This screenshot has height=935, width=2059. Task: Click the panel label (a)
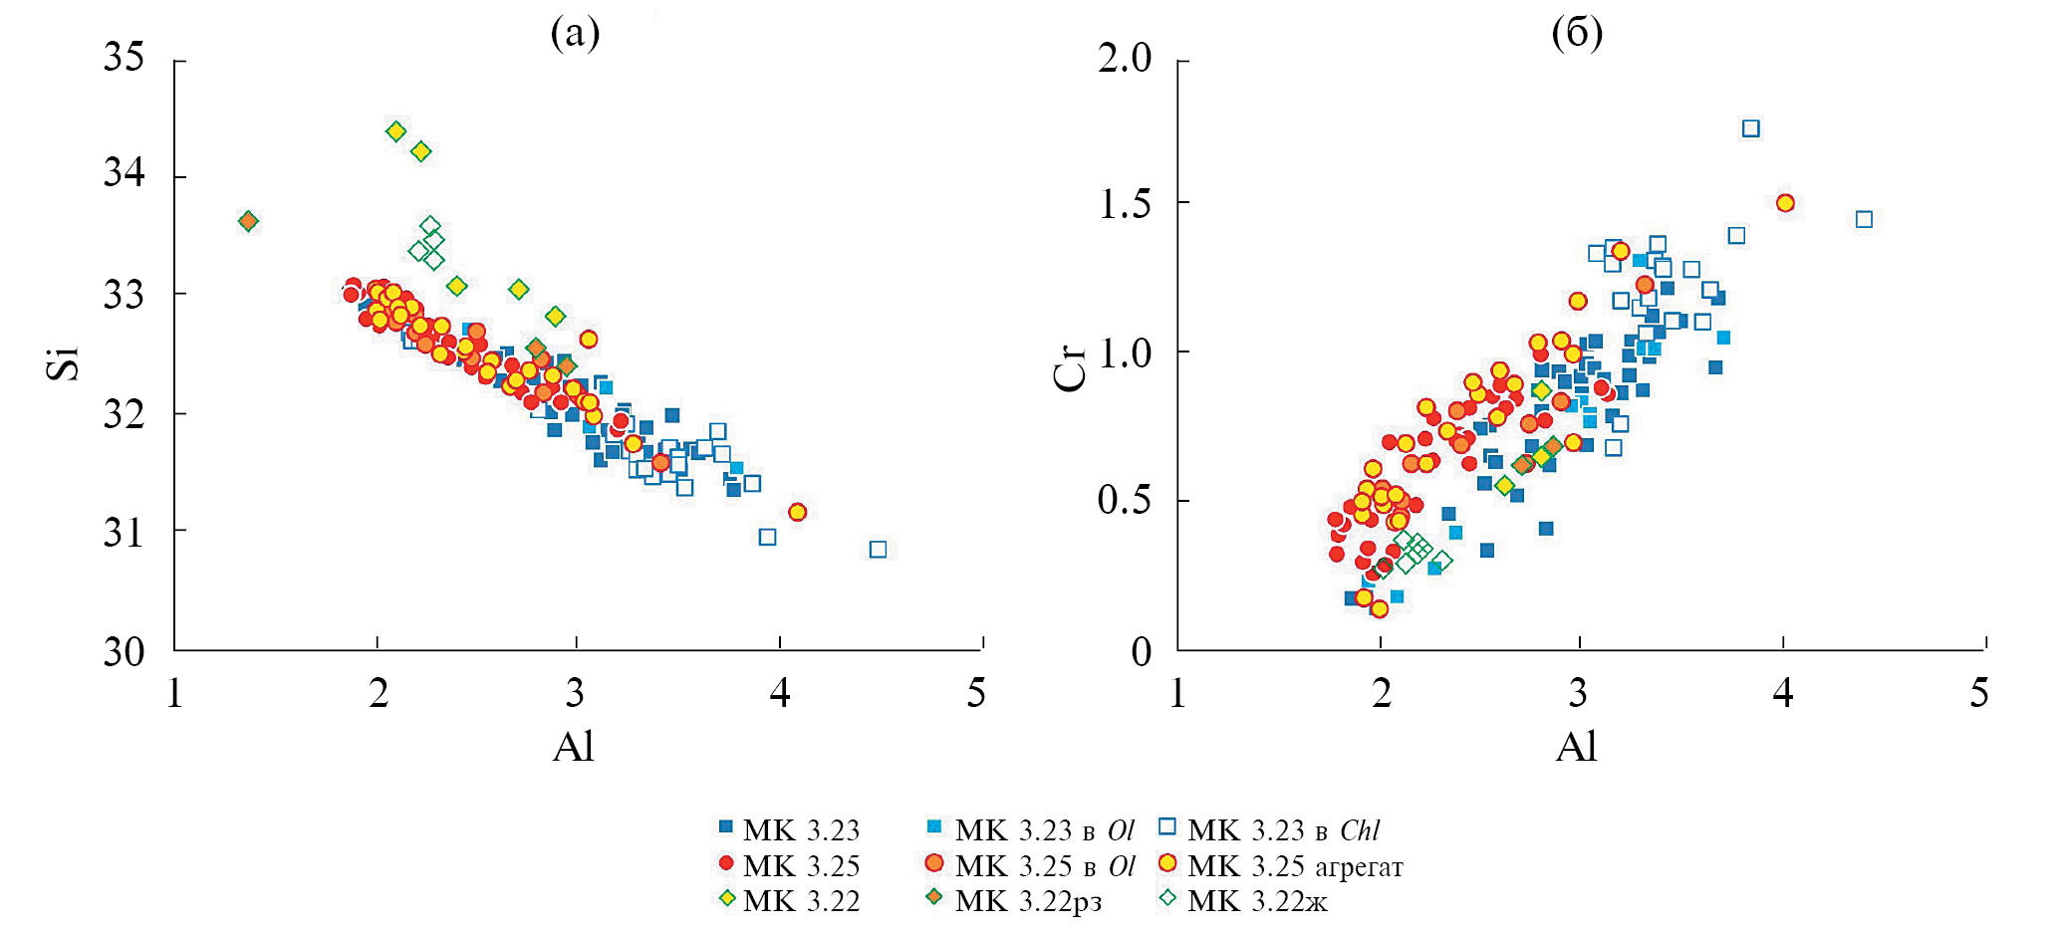[x=575, y=33]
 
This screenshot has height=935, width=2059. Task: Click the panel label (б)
[x=1577, y=33]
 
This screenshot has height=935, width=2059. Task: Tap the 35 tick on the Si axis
[x=125, y=58]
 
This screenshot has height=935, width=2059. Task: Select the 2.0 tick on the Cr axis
[x=1125, y=58]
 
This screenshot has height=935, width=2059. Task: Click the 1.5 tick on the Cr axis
[x=1125, y=204]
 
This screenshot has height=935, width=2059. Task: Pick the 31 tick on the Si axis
[x=125, y=533]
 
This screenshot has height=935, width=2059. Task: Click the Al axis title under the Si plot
[x=574, y=746]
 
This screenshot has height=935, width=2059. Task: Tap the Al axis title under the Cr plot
[x=1576, y=746]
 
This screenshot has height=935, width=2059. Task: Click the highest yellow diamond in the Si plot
[x=395, y=131]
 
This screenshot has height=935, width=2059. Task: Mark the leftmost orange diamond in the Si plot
[x=248, y=221]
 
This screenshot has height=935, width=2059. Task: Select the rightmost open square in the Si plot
[x=878, y=550]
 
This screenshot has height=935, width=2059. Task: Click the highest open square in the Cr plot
[x=1750, y=128]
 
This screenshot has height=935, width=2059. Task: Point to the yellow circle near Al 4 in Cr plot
[x=1785, y=203]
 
